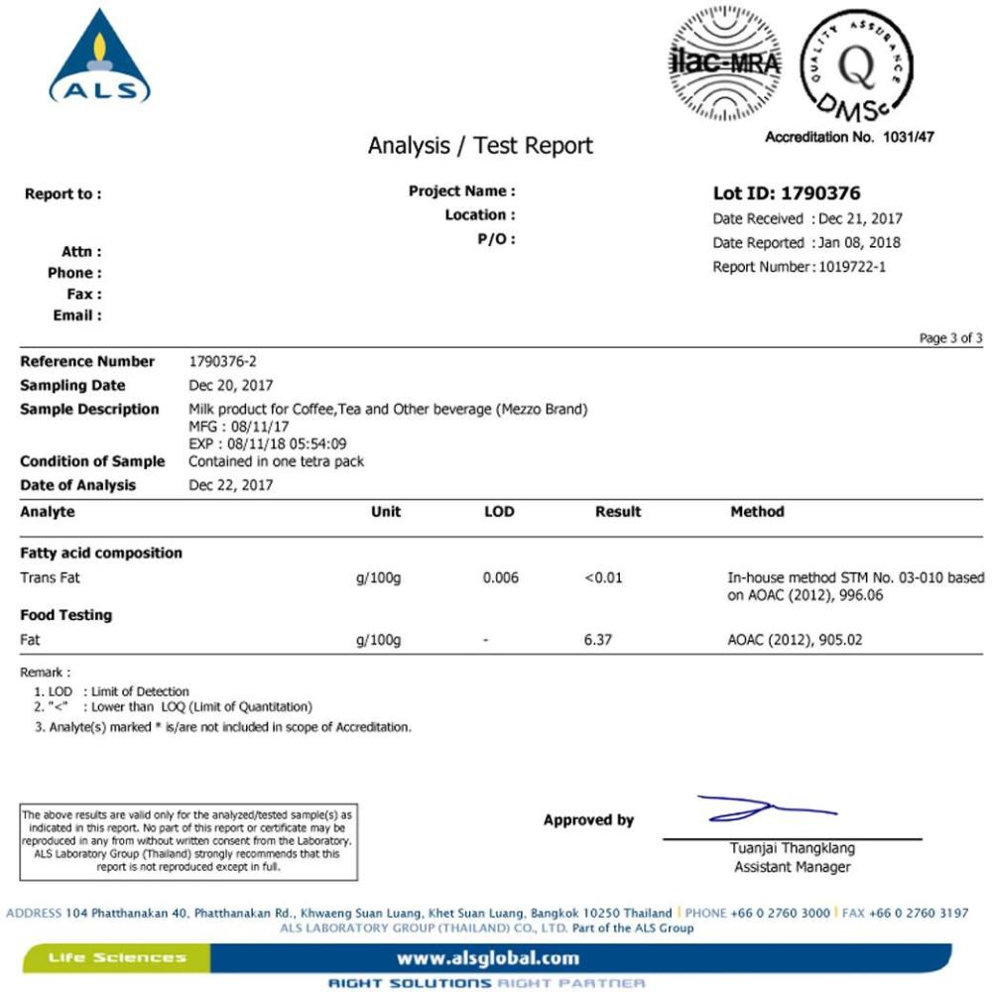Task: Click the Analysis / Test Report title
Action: click(480, 146)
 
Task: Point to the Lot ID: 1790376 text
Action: click(787, 193)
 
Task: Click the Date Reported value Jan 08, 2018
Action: click(857, 243)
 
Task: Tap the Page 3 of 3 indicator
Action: click(950, 338)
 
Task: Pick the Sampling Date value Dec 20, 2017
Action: click(230, 385)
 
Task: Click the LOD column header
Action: click(498, 512)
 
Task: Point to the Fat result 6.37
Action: click(598, 640)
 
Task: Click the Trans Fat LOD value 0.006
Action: click(500, 577)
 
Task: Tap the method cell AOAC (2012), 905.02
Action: click(795, 640)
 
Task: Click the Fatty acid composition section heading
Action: click(101, 553)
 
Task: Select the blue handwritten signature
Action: click(764, 809)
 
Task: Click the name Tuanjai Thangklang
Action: click(792, 848)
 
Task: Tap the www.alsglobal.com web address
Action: click(487, 957)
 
